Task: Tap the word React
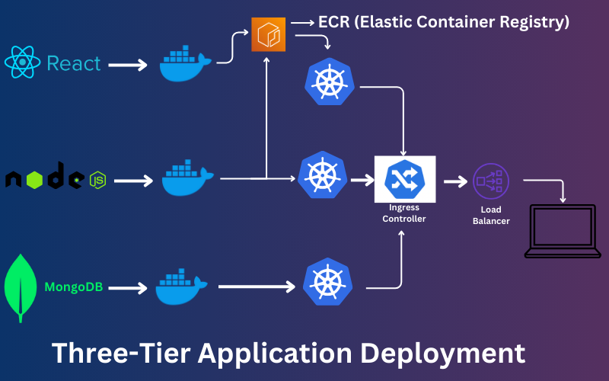point(74,63)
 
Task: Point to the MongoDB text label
point(74,287)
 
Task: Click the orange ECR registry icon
point(268,35)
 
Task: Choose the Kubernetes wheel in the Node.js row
point(323,176)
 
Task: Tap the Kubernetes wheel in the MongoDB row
point(327,281)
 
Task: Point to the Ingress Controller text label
point(404,213)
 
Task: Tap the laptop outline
point(563,232)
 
